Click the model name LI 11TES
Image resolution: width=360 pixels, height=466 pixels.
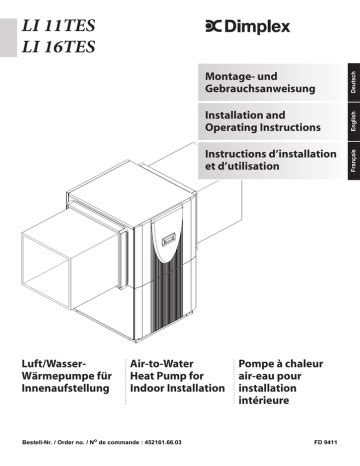click(58, 26)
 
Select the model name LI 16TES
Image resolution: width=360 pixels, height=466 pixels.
click(58, 47)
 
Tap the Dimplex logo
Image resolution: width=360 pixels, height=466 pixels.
click(248, 27)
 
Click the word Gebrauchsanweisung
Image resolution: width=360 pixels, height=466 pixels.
click(260, 89)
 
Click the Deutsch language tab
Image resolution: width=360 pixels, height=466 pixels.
click(354, 82)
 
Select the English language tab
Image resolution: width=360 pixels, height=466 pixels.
click(354, 121)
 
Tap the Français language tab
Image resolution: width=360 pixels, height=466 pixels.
click(354, 161)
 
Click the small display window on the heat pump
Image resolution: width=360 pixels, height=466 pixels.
click(170, 239)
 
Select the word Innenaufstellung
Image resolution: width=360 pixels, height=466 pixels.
click(65, 388)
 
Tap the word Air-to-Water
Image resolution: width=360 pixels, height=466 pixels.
click(162, 364)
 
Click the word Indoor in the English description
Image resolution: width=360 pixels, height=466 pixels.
click(147, 388)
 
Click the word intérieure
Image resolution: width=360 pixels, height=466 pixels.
click(264, 400)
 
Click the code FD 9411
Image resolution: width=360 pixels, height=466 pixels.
click(325, 442)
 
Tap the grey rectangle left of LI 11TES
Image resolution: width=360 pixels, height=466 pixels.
click(8, 38)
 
